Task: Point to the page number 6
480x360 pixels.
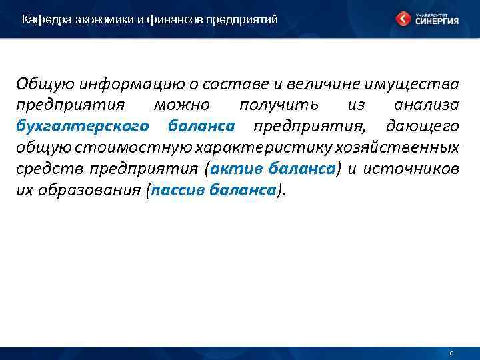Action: (451, 353)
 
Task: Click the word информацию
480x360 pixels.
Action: (124, 85)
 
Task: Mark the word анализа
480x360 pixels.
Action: (426, 106)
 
